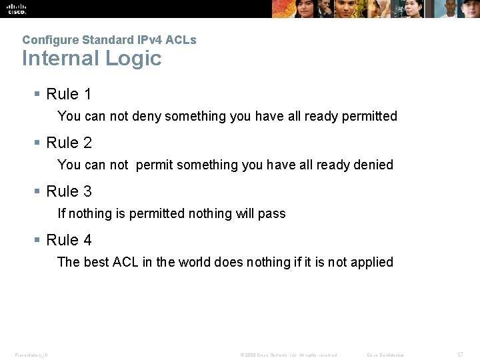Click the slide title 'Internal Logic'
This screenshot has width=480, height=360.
(x=91, y=59)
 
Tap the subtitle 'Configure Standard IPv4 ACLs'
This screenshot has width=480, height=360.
(x=109, y=40)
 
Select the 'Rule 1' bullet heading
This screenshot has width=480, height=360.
(x=69, y=94)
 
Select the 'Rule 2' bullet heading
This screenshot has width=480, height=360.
(x=69, y=143)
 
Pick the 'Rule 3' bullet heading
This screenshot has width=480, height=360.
(x=69, y=191)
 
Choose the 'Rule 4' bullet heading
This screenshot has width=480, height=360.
(x=69, y=240)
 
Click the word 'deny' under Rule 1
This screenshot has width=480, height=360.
(x=147, y=117)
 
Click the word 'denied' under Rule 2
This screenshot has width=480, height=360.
(x=374, y=165)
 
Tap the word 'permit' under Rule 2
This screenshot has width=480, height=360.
(x=154, y=165)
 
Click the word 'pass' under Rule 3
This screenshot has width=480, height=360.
(x=272, y=214)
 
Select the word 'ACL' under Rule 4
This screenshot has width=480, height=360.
(x=125, y=262)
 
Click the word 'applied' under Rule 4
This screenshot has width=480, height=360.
(x=371, y=263)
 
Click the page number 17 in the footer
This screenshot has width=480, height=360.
(x=460, y=355)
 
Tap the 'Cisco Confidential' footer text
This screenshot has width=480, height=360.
(x=386, y=355)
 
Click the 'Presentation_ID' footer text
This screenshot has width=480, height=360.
(x=31, y=355)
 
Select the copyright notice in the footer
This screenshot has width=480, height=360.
(x=288, y=355)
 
